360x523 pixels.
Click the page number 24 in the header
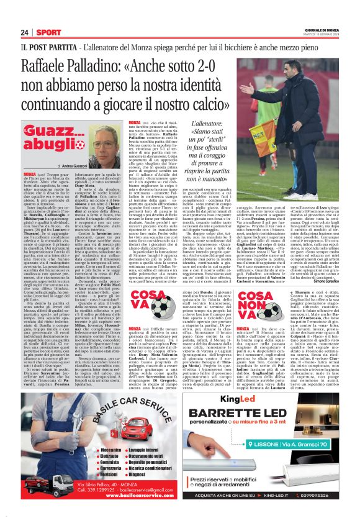(24, 32)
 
